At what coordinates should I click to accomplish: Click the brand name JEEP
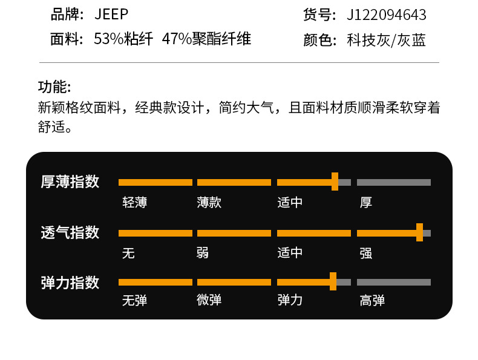point(111,15)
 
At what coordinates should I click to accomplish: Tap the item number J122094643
point(386,15)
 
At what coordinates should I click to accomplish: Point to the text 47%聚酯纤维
point(206,39)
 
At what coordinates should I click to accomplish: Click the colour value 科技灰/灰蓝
point(386,41)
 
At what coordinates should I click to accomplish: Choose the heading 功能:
point(54,87)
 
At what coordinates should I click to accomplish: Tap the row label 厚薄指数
point(70,182)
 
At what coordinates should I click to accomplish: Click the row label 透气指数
point(70,232)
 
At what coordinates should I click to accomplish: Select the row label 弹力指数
point(70,283)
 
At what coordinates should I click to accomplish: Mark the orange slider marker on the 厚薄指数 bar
point(335,182)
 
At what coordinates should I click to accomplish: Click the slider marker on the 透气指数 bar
point(419,232)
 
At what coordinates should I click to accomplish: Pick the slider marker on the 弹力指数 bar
point(333,282)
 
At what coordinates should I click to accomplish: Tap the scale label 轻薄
point(134,203)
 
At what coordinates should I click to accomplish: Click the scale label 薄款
point(209,203)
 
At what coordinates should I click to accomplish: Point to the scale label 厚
point(366,203)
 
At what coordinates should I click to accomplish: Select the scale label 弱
point(203,253)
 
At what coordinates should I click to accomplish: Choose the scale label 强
point(366,253)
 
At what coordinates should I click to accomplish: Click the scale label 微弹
point(209,300)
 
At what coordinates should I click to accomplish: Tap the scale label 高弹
point(372,300)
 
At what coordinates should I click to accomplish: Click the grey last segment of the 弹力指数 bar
point(393,282)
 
